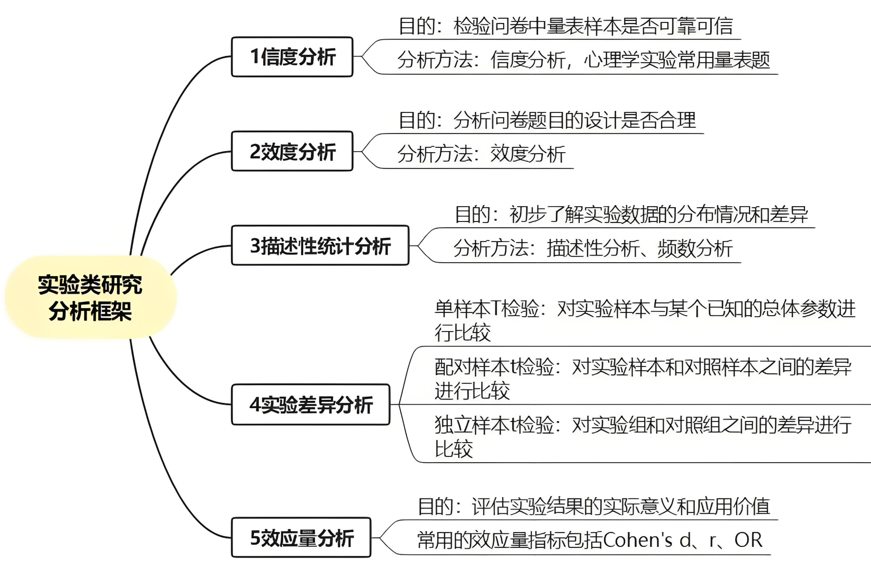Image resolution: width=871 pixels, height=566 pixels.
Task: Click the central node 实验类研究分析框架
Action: (x=90, y=298)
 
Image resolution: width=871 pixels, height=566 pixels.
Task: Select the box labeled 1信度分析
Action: (x=292, y=57)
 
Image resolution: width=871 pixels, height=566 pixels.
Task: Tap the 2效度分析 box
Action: (x=292, y=151)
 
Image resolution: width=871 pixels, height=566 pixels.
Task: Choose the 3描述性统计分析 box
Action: (x=320, y=245)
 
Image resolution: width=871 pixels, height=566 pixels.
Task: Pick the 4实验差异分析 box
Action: (x=311, y=405)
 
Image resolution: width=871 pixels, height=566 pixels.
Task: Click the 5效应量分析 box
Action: (x=301, y=538)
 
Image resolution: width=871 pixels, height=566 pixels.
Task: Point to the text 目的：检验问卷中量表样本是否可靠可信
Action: (x=565, y=26)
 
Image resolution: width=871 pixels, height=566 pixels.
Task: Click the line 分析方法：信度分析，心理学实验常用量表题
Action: (x=583, y=60)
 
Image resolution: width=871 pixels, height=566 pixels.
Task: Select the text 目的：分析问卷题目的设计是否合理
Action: (x=547, y=120)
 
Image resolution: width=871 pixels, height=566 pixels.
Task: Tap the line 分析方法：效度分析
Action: (x=481, y=154)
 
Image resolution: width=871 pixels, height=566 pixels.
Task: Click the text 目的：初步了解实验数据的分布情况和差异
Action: (x=631, y=214)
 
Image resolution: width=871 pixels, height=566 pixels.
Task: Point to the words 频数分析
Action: (x=695, y=248)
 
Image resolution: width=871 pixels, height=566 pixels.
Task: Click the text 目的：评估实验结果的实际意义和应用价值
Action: (x=594, y=506)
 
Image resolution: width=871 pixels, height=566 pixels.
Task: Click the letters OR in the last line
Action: (x=748, y=540)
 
